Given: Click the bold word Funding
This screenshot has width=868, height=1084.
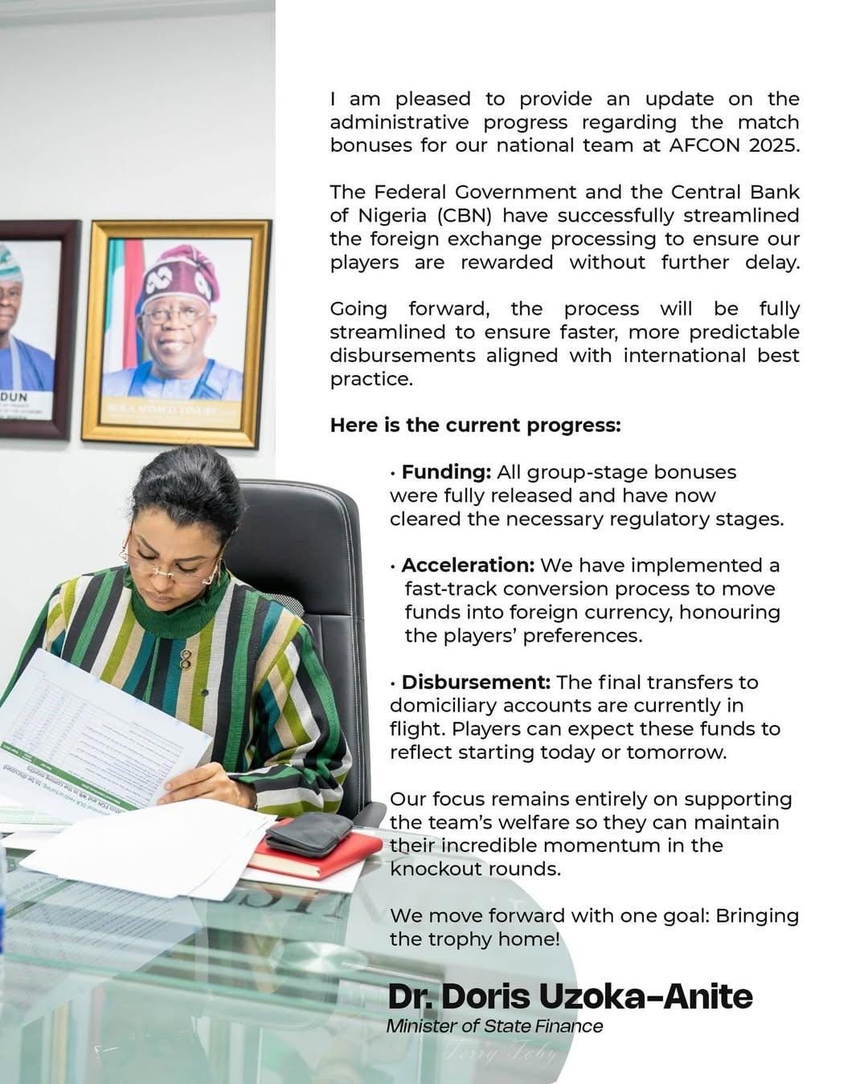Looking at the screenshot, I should pos(445,472).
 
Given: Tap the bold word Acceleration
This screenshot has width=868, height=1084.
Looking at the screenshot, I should pos(467,565).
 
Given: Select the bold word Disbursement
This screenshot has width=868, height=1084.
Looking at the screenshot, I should pos(475,683).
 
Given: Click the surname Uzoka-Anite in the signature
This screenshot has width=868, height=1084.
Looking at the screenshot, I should pos(645,996).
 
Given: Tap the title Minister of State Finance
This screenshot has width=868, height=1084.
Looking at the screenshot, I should pos(494,1026).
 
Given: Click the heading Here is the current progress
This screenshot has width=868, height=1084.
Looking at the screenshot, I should pos(475,426).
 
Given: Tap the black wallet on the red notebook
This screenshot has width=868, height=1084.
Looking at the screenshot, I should pos(309,833).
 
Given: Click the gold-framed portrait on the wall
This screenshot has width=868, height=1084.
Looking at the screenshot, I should pos(176,333).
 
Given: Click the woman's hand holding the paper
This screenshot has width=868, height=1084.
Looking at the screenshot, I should pos(201,784).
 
